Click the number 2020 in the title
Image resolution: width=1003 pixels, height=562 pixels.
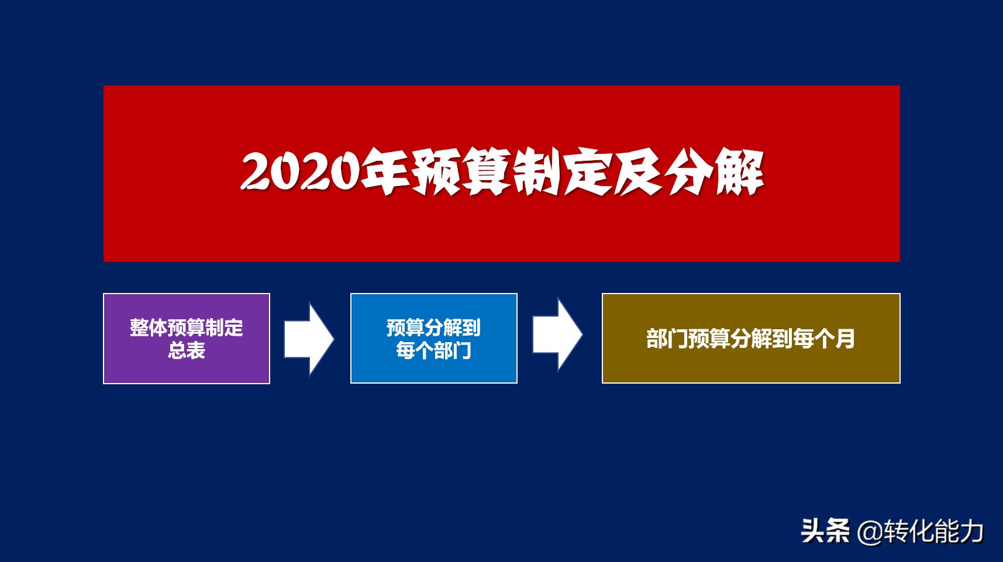point(298,173)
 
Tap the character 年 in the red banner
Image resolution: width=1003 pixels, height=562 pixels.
point(384,173)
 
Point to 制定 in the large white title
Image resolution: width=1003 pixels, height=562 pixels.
point(561,173)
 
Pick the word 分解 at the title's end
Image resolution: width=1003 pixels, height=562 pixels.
point(714,173)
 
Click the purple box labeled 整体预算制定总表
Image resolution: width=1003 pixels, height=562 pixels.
point(187,339)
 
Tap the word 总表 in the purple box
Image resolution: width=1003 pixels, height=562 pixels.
point(187,350)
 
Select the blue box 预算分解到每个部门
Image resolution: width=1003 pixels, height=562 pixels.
point(433,339)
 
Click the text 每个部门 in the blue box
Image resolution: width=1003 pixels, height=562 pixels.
point(433,351)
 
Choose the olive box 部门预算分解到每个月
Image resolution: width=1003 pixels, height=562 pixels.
point(751,339)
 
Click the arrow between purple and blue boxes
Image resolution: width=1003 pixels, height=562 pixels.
point(308,339)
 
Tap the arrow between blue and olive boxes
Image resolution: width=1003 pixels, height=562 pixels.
point(556,335)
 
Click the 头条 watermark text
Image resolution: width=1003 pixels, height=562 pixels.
point(825,532)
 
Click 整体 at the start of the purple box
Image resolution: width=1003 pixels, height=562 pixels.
point(148,327)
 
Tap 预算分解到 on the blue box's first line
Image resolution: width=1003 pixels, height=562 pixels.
point(433,327)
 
